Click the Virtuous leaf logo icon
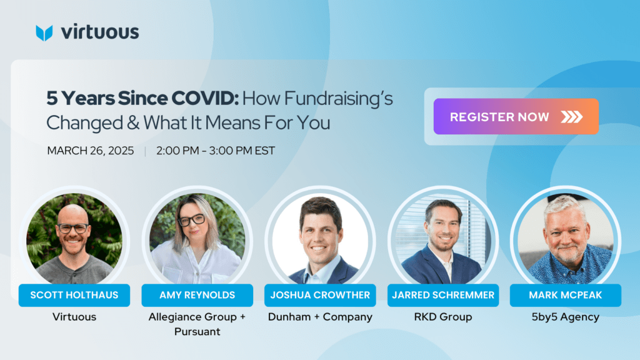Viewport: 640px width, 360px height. click(44, 33)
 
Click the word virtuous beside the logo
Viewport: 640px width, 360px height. click(100, 32)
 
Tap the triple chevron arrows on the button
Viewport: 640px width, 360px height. click(571, 117)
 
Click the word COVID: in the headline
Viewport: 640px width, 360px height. click(204, 98)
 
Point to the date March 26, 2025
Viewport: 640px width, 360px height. click(90, 151)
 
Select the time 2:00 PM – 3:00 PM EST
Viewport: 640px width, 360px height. click(216, 151)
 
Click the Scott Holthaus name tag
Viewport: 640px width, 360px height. click(74, 295)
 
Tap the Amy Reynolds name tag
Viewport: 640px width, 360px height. click(197, 295)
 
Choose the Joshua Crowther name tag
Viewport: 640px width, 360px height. click(320, 295)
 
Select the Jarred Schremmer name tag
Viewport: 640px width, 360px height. click(443, 295)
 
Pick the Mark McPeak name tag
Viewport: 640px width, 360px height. click(565, 295)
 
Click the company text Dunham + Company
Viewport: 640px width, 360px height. click(320, 317)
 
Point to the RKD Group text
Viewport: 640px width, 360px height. click(443, 317)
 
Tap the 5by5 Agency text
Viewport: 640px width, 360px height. click(565, 317)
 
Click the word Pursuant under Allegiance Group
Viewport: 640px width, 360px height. click(197, 331)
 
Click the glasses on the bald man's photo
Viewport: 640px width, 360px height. click(73, 228)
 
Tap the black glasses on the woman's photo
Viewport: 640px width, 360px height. click(191, 220)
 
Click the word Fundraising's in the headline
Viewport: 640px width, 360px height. click(338, 99)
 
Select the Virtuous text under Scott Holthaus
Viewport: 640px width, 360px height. click(74, 317)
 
